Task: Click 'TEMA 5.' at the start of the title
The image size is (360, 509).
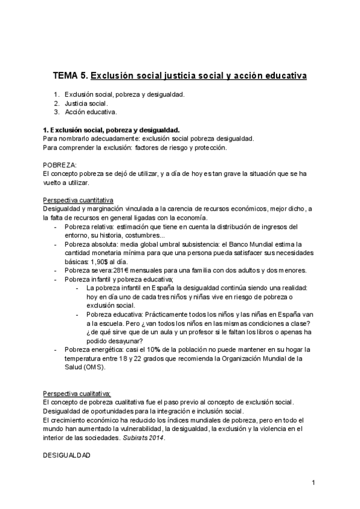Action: click(70, 76)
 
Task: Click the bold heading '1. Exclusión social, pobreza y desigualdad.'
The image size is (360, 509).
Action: click(111, 129)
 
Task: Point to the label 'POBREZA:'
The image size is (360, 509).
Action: click(60, 164)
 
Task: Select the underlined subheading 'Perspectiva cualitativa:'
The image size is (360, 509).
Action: click(77, 393)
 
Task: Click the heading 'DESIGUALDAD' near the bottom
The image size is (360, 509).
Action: click(67, 456)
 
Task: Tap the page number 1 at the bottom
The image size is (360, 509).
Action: click(313, 483)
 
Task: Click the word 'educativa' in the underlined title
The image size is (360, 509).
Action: click(283, 76)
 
